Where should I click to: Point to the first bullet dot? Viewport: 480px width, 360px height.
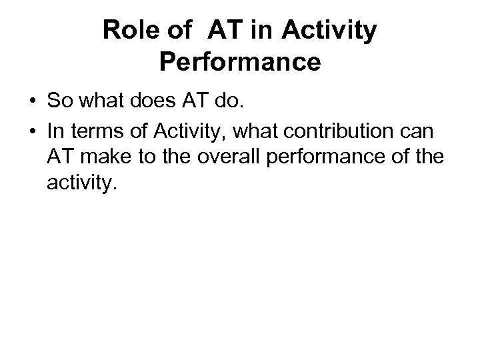(32, 101)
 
